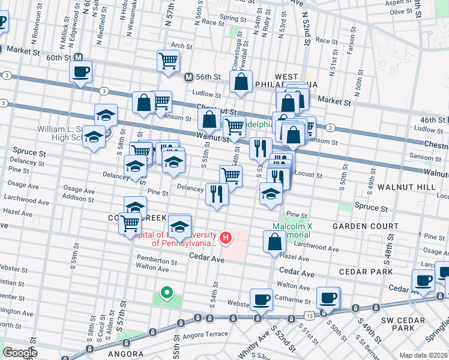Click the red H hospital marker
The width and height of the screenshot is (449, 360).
click(x=226, y=238)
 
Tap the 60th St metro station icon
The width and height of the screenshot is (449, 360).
click(x=77, y=58)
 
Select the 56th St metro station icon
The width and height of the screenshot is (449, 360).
click(x=188, y=77)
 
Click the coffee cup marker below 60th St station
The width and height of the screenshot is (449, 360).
click(x=80, y=73)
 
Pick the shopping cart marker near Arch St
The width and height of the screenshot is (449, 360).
click(x=169, y=60)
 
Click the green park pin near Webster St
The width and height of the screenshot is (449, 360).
click(x=166, y=293)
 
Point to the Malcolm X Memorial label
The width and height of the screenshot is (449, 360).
click(x=291, y=231)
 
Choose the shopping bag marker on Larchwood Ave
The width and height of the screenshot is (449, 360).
click(x=274, y=242)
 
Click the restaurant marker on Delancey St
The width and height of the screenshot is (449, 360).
click(x=217, y=194)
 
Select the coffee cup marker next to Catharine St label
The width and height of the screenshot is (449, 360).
click(x=328, y=298)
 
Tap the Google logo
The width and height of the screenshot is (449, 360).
click(x=20, y=352)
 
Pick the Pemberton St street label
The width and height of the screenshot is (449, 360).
click(x=156, y=262)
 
